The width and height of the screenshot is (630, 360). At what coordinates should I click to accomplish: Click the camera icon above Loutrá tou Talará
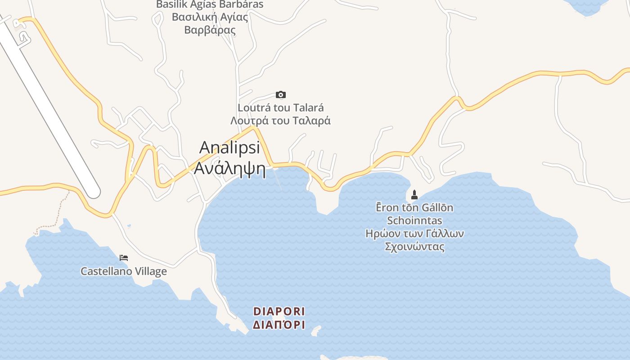281,94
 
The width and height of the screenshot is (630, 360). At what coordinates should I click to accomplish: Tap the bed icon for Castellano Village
124,258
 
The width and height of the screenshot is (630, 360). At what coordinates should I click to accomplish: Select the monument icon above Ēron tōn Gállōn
414,195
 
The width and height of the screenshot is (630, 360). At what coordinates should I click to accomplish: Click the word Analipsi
229,147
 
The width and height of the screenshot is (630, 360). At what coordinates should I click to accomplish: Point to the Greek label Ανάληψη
229,168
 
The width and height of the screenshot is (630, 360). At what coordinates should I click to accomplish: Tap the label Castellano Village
124,271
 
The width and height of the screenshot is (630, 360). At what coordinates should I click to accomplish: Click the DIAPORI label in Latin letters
279,311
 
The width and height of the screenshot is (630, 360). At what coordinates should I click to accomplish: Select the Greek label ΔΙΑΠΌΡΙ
279,325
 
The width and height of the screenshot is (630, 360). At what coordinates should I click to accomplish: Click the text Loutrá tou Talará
281,108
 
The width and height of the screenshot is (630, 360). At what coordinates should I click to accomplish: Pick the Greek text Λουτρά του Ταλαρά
281,121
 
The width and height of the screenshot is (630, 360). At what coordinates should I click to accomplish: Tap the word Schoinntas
414,221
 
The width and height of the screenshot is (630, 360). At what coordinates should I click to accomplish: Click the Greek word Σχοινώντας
414,247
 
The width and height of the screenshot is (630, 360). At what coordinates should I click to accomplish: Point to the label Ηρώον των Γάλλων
414,234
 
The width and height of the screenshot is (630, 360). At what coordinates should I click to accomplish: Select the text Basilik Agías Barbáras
210,4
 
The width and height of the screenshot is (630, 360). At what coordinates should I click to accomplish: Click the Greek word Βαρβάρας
210,30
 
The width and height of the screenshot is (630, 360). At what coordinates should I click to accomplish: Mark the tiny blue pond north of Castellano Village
129,225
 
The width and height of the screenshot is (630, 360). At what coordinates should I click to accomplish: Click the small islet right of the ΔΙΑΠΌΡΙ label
316,331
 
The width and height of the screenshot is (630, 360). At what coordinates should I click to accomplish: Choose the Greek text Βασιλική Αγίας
210,17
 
